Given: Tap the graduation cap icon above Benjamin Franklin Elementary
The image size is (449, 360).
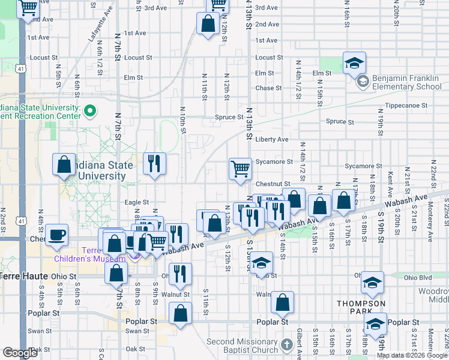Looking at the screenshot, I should [355, 62].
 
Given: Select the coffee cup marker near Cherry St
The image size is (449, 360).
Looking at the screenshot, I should [56, 236].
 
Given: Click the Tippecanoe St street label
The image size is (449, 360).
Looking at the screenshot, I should [406, 105].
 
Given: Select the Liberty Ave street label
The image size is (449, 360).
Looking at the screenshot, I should [272, 139].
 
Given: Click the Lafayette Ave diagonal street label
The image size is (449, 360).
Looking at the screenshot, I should [101, 25].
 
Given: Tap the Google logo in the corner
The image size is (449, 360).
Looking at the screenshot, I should [20, 353].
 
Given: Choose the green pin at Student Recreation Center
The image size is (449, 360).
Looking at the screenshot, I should [89, 110].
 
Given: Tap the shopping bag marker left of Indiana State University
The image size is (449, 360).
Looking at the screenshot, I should [64, 166].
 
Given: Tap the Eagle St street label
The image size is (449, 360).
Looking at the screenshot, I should [136, 203].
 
